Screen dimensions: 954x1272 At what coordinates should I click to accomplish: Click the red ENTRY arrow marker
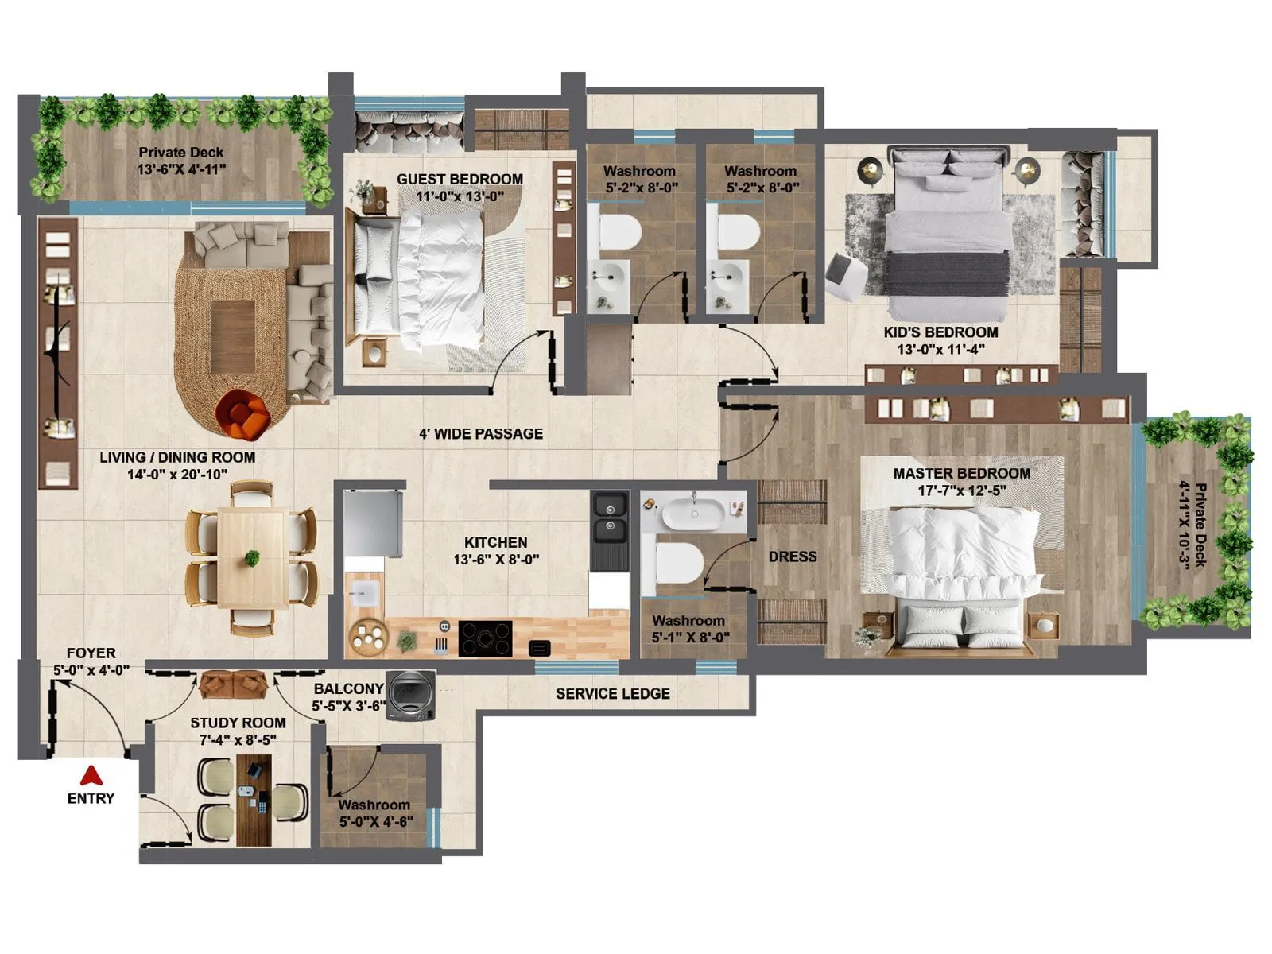click(x=91, y=775)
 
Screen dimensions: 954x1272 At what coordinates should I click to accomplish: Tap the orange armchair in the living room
click(x=245, y=415)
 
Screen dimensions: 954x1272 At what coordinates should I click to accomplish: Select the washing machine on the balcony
click(x=411, y=696)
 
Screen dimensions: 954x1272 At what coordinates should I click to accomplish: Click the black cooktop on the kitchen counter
click(x=485, y=638)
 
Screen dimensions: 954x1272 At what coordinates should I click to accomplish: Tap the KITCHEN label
click(x=496, y=542)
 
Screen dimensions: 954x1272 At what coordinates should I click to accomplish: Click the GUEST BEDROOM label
click(x=460, y=179)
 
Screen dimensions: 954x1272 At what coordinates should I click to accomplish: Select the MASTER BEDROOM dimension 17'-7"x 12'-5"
click(x=962, y=491)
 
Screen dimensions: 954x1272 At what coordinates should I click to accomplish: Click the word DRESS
click(x=792, y=556)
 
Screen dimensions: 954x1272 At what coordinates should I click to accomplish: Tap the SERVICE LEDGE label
click(x=612, y=694)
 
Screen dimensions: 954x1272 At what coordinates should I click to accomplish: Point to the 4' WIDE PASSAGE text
click(x=481, y=434)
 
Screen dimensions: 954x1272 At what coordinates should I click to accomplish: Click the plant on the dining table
click(x=252, y=558)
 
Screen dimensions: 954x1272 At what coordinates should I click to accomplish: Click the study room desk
click(x=254, y=800)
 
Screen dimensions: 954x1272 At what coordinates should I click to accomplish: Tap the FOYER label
click(x=91, y=653)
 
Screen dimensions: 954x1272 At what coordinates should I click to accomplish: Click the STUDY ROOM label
click(x=238, y=723)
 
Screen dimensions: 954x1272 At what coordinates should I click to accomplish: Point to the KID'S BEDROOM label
click(x=940, y=332)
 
